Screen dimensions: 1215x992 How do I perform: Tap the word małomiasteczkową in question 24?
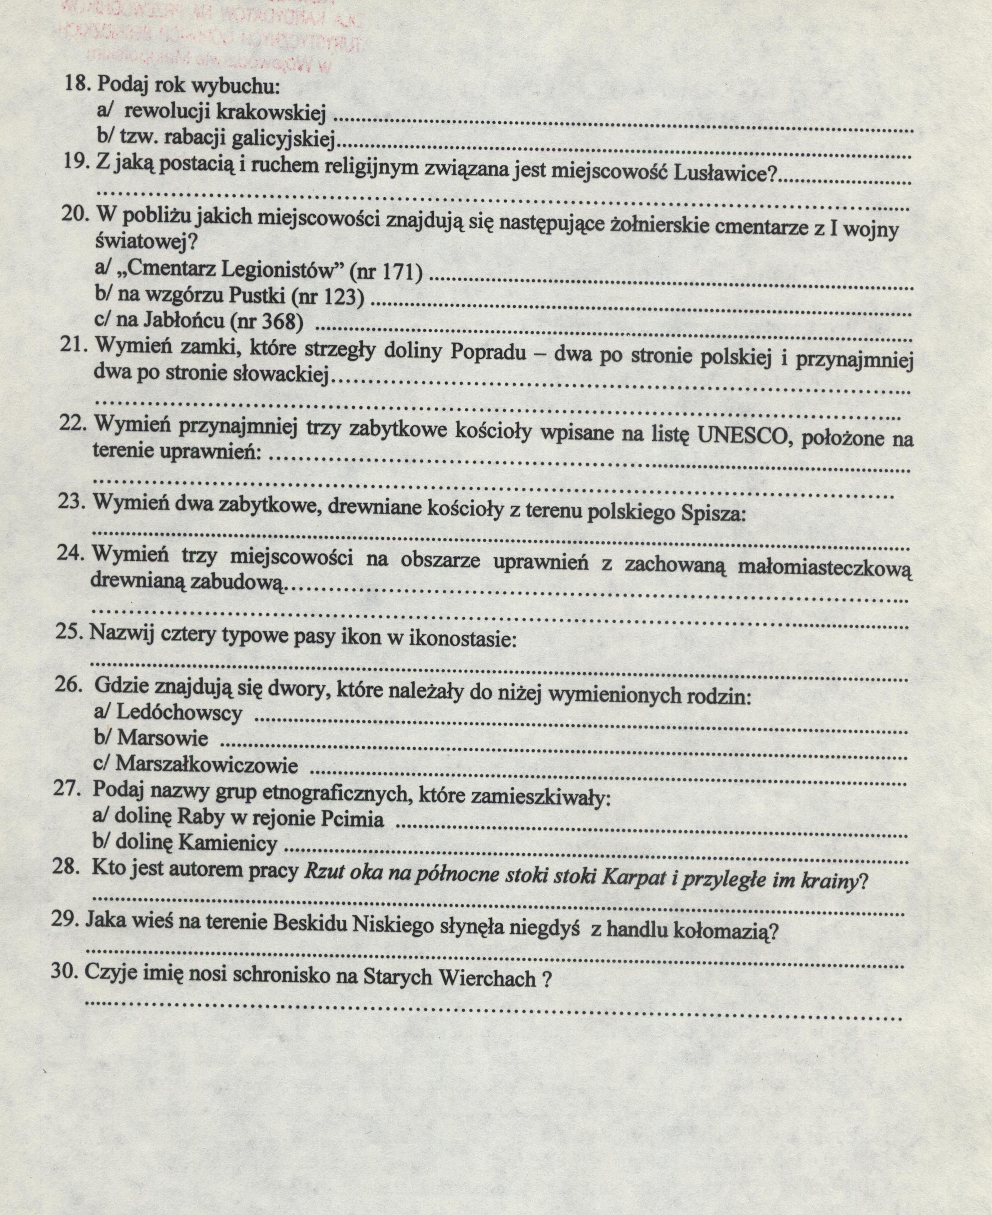824,568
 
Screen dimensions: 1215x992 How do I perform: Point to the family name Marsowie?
162,738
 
